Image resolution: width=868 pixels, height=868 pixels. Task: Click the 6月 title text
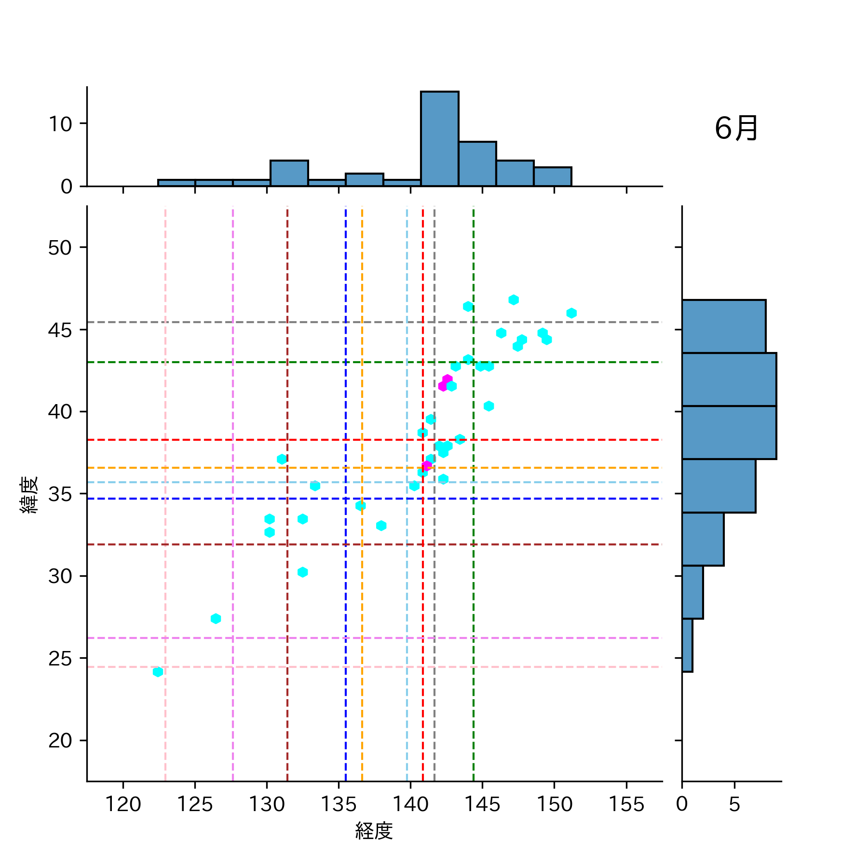736,129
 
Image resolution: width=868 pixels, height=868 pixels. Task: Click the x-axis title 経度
374,830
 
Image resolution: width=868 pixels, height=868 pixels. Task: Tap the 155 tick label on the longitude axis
626,804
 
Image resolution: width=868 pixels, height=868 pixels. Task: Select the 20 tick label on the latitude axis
60,740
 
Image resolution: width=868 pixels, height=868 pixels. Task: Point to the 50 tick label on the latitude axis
60,248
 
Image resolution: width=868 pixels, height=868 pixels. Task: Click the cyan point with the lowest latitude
158,672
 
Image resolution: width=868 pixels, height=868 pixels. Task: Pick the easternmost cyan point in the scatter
571,313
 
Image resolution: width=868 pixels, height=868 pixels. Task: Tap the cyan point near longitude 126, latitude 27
216,619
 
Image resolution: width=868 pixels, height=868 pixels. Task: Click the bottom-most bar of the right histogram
687,645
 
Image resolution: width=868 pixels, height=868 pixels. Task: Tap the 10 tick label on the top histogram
60,124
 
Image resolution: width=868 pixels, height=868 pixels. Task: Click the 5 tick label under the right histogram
734,804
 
